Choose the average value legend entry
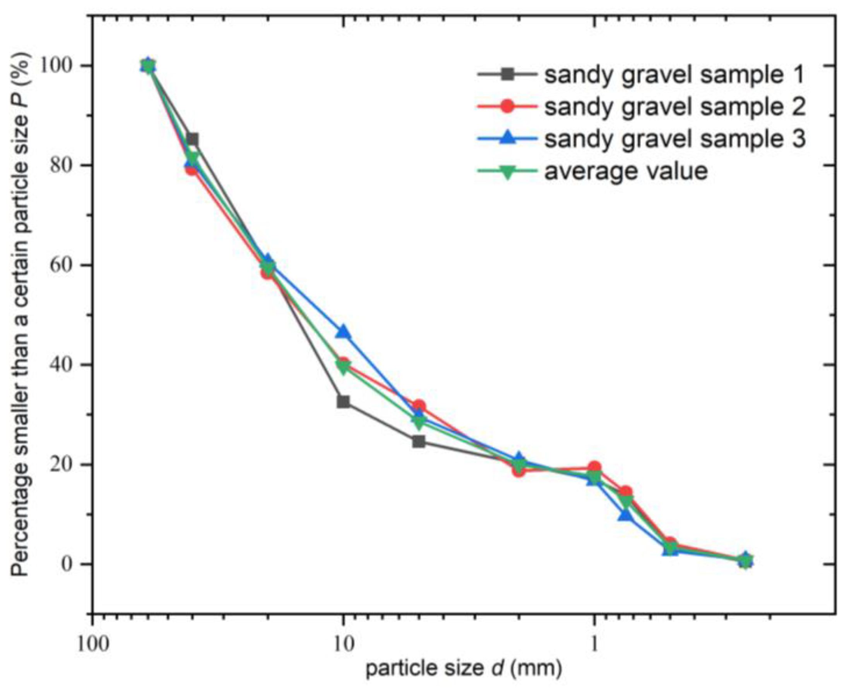[x=626, y=171]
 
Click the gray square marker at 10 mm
[x=343, y=402]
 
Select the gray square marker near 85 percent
[x=192, y=139]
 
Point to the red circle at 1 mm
[x=594, y=467]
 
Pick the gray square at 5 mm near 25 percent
[x=418, y=441]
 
